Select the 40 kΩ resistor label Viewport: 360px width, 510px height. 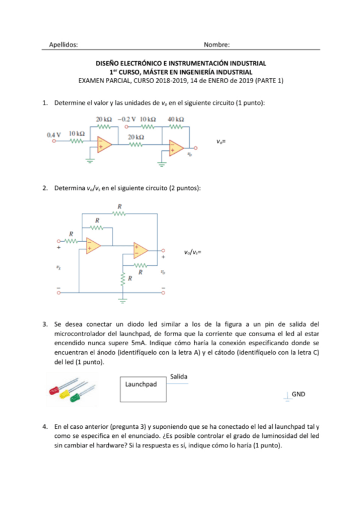click(175, 119)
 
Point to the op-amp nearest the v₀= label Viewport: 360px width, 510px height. click(176, 147)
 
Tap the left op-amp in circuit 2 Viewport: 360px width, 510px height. click(93, 245)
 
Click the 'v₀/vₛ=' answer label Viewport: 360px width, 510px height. click(192, 253)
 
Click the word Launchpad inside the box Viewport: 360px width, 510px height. click(140, 383)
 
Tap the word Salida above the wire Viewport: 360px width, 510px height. click(178, 376)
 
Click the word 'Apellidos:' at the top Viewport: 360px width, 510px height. click(63, 45)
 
